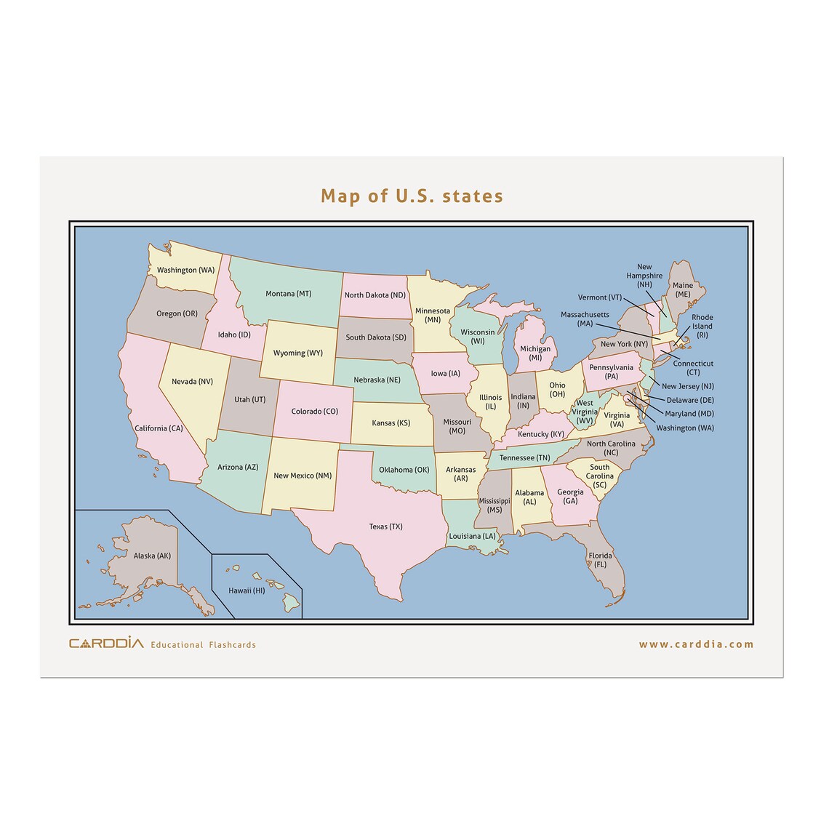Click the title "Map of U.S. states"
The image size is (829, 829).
[x=412, y=196]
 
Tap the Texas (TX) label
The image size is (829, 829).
[x=385, y=526]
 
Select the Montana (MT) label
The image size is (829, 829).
[x=288, y=294]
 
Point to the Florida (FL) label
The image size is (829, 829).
[x=601, y=560]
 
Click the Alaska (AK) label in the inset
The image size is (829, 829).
[x=152, y=556]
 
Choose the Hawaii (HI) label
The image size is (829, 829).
[x=247, y=590]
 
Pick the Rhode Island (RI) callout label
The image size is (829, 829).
[x=702, y=326]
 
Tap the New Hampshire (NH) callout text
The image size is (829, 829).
[x=644, y=276]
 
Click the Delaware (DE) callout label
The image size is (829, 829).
[x=690, y=400]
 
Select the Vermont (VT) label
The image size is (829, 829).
[x=599, y=297]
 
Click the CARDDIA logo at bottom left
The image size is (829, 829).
[x=106, y=643]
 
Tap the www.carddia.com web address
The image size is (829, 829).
[x=696, y=644]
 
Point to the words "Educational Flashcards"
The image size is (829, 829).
[x=203, y=645]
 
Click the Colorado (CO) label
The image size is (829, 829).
[x=314, y=412]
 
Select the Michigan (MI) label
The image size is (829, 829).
[x=535, y=353]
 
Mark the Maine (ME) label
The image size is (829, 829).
[x=682, y=289]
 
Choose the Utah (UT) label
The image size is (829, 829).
[x=249, y=399]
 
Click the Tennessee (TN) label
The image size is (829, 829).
[x=524, y=458]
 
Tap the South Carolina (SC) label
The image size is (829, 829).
[x=600, y=476]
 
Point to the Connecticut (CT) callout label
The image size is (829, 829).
[x=693, y=367]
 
